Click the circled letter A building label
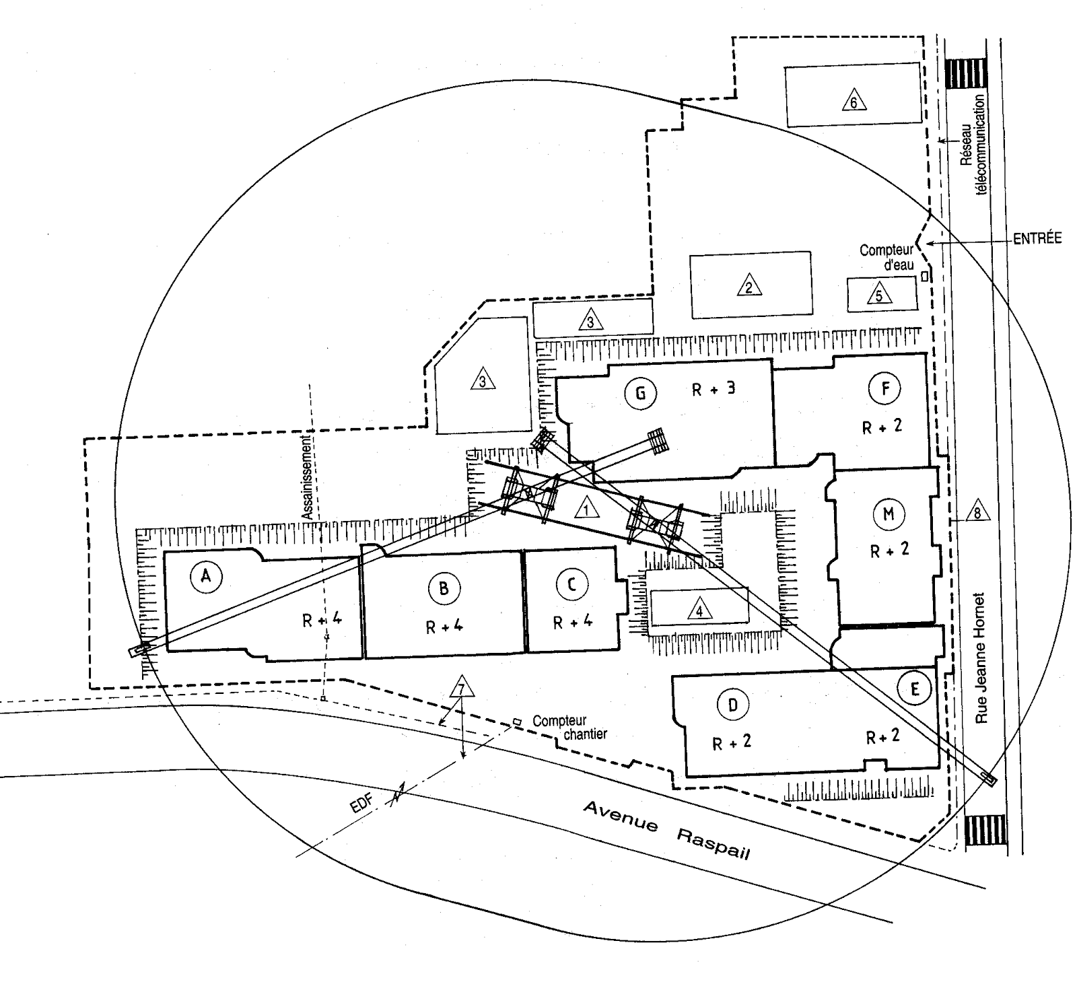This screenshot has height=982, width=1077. coord(206,576)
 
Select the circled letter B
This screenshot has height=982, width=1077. coord(444,589)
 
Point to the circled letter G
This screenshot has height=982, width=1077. coord(640,393)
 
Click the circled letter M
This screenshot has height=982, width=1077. coord(889,515)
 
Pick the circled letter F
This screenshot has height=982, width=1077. coord(886,388)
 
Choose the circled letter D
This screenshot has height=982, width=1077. coord(733,705)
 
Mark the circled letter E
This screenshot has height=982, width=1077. coord(914,689)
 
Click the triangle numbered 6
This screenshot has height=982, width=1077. coord(854,100)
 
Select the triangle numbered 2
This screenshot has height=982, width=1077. coord(749,285)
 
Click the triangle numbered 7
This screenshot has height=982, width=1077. coord(462,687)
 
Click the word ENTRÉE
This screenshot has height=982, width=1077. coord(1037,238)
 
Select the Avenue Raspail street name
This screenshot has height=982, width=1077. coord(666,829)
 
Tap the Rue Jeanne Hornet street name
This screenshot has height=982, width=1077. coord(981,658)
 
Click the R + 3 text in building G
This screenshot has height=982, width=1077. coord(714,388)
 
